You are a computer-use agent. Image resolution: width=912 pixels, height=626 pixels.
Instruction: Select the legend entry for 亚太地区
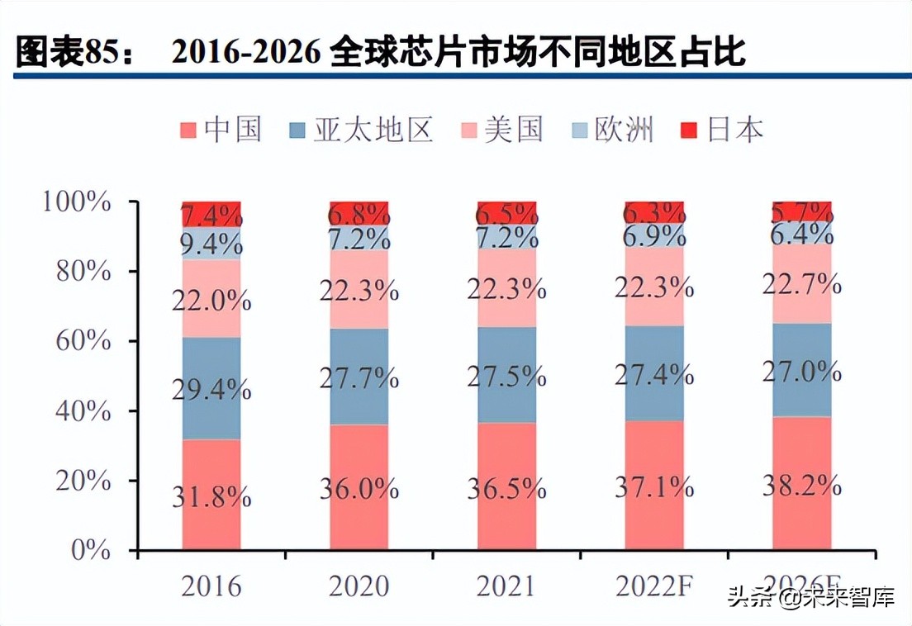tap(361, 130)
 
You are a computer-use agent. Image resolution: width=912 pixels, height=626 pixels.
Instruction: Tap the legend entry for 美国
tap(502, 130)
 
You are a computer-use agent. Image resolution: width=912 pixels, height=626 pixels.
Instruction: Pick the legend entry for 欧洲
tap(612, 130)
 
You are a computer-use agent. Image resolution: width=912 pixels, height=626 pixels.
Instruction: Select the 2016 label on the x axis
tap(211, 586)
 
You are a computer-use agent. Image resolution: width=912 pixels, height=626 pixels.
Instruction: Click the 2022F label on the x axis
tap(653, 586)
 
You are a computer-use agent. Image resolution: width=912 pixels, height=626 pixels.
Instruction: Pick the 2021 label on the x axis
tap(506, 586)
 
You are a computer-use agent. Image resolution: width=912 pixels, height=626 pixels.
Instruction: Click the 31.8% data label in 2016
tap(211, 496)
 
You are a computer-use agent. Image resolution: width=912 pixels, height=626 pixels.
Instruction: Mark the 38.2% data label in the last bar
tap(801, 486)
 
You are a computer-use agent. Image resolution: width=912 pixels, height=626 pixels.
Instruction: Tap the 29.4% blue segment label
tap(211, 389)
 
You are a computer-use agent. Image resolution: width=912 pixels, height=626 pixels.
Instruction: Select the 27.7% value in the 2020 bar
tap(359, 379)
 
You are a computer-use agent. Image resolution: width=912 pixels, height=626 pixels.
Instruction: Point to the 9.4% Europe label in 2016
tap(211, 243)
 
